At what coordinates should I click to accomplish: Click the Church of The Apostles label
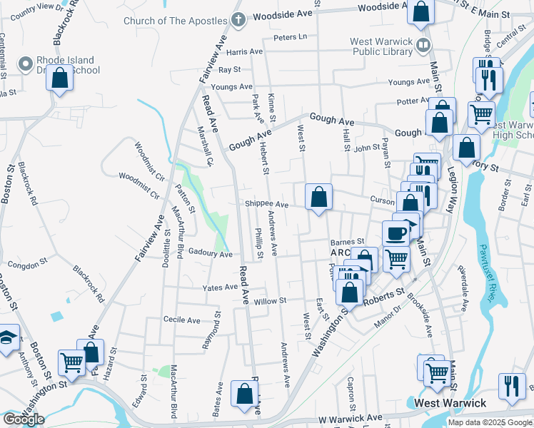176,21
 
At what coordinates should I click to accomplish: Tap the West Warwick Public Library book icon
423,46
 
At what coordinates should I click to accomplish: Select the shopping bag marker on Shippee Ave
318,197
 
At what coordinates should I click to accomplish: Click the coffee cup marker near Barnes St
396,233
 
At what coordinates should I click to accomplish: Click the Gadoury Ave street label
211,254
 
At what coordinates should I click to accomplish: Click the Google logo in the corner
23,419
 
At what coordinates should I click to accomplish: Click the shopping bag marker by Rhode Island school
60,78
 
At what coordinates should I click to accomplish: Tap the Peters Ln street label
290,36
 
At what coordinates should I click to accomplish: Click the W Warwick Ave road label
351,417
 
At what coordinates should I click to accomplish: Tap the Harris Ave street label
245,52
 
